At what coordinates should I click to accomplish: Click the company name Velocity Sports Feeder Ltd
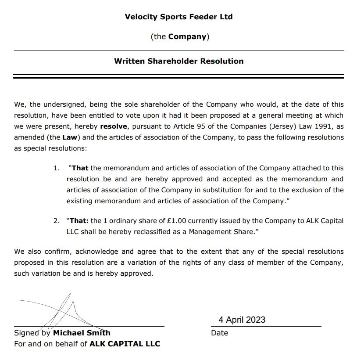pyautogui.click(x=178, y=17)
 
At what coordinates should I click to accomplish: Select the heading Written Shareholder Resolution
pyautogui.click(x=178, y=61)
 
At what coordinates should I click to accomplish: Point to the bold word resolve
pyautogui.click(x=114, y=126)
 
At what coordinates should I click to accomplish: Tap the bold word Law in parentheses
pyautogui.click(x=69, y=137)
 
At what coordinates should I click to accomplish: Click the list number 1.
pyautogui.click(x=56, y=168)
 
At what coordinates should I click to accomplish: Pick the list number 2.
pyautogui.click(x=56, y=221)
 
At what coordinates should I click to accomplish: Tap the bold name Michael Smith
pyautogui.click(x=82, y=333)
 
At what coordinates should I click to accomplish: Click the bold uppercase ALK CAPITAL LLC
pyautogui.click(x=125, y=344)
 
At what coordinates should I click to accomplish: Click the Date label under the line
pyautogui.click(x=219, y=333)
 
